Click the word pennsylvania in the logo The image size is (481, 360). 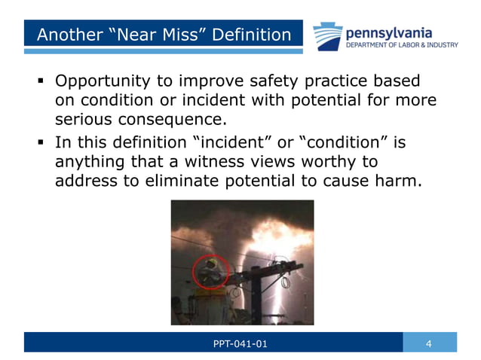(x=388, y=32)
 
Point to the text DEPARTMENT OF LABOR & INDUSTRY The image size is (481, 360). (x=401, y=45)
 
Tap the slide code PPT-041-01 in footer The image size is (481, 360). (x=240, y=344)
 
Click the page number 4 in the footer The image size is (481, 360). (x=429, y=344)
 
